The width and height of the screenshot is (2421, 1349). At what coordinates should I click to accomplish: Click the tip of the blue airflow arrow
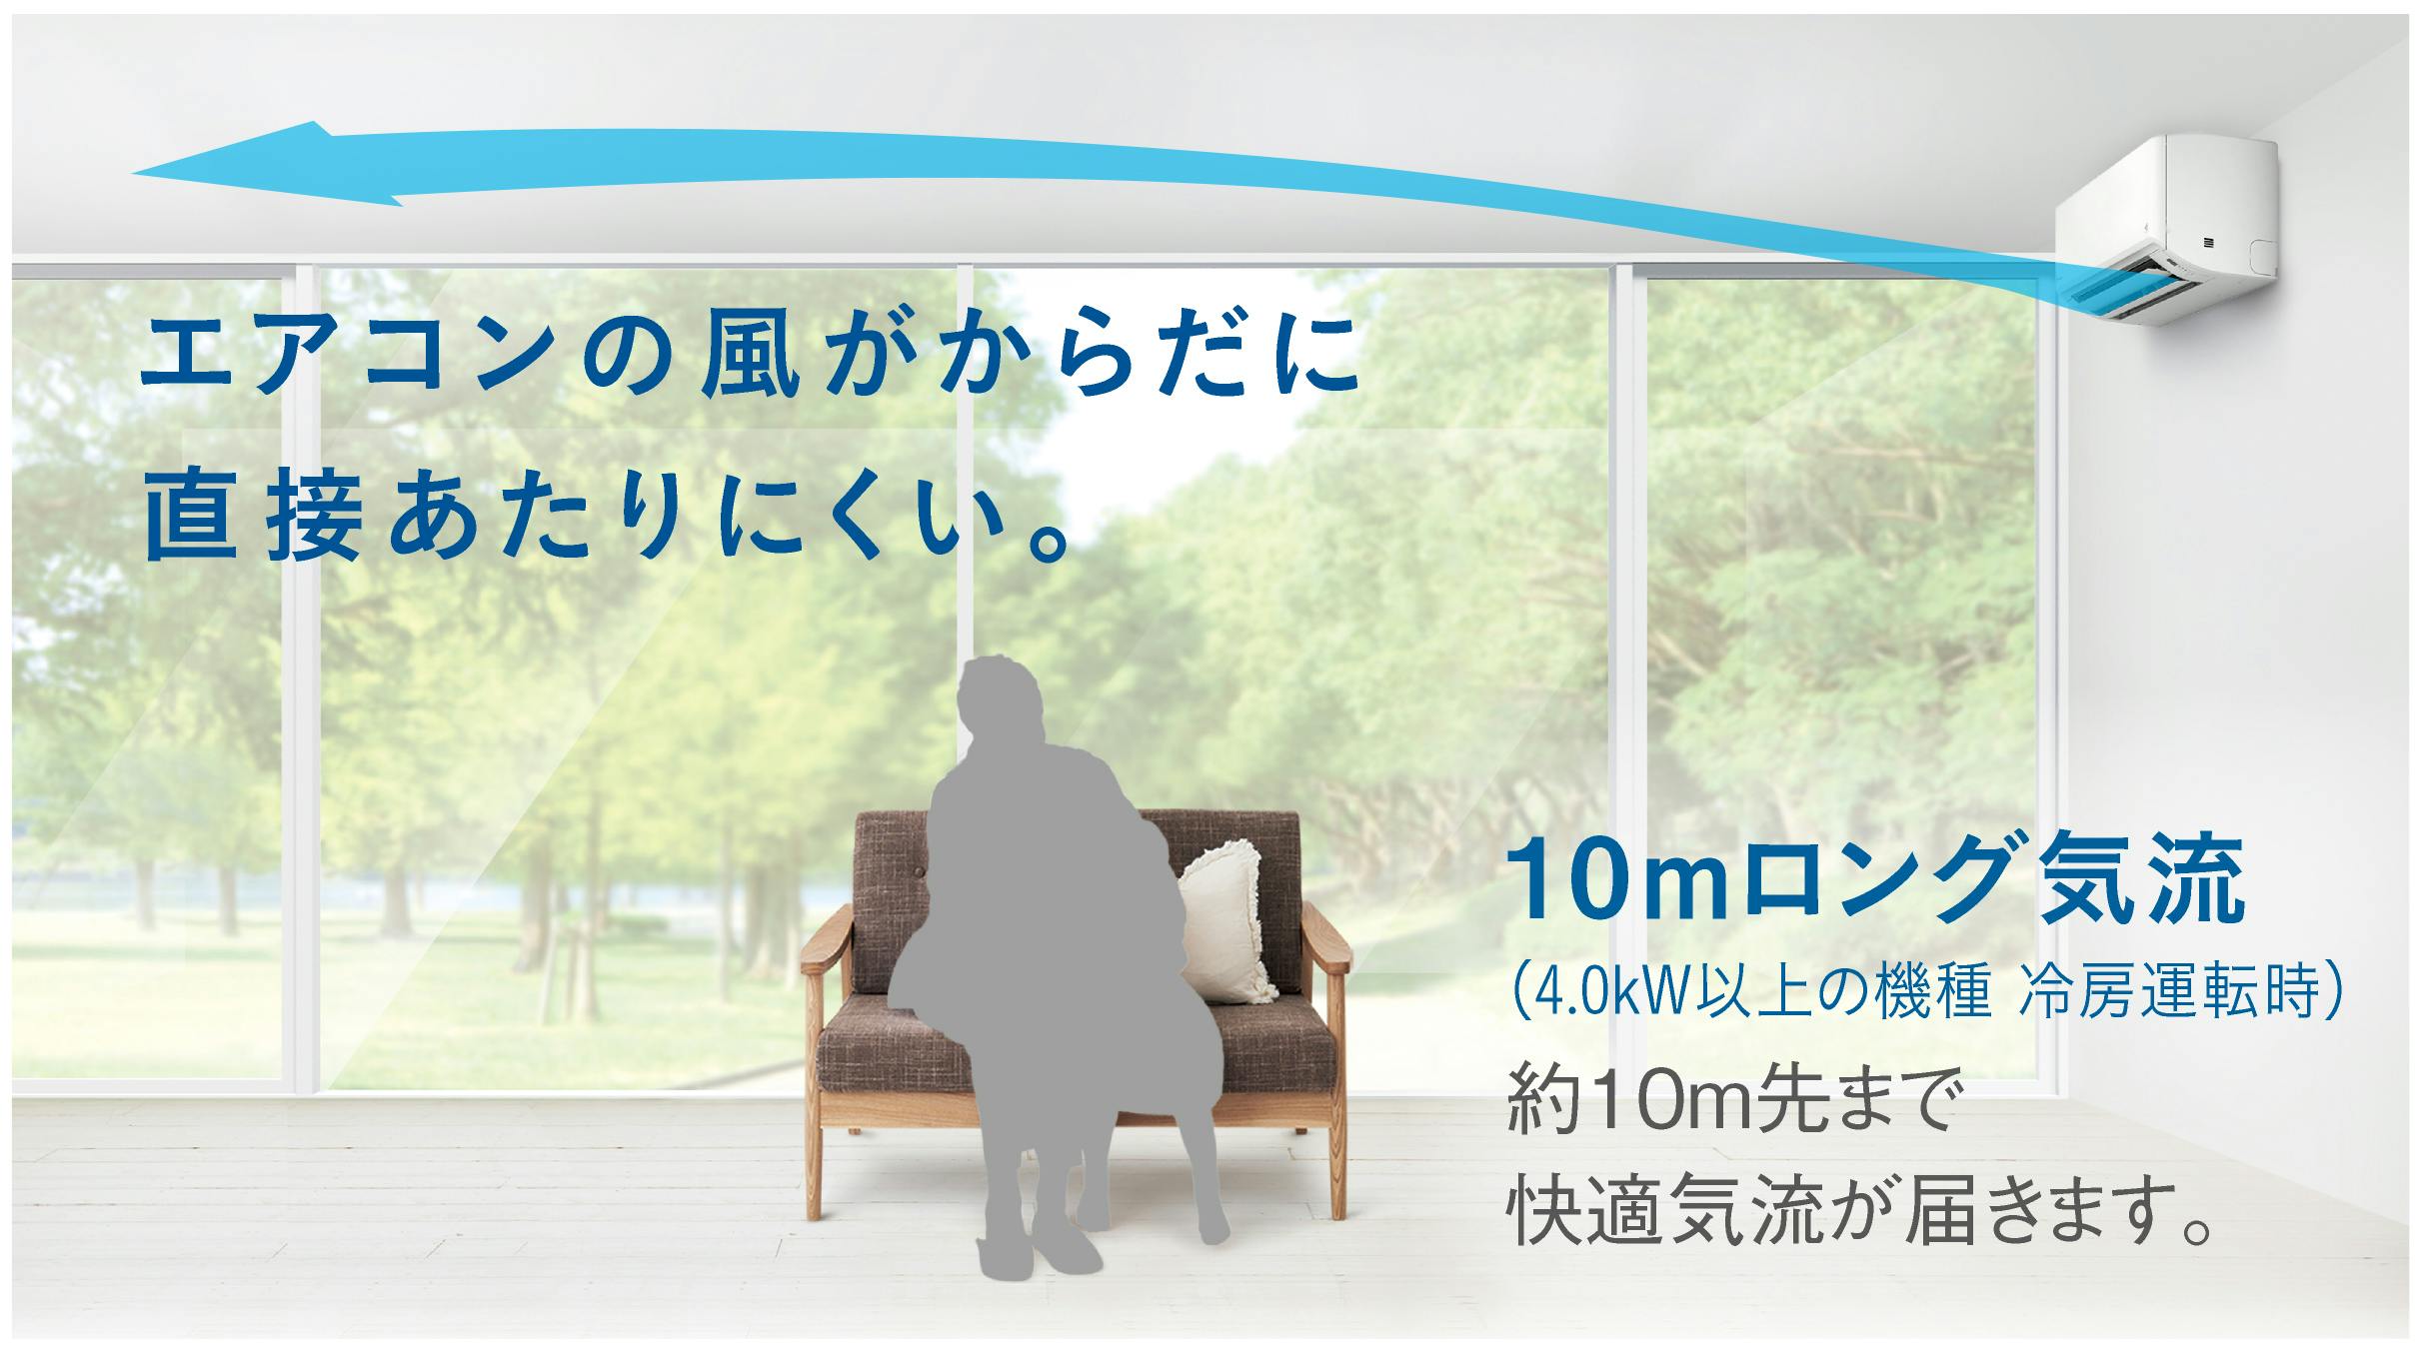pyautogui.click(x=132, y=173)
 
